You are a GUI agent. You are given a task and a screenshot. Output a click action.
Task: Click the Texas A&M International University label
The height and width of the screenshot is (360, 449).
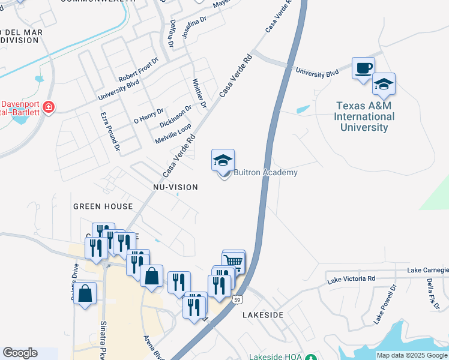(x=364, y=117)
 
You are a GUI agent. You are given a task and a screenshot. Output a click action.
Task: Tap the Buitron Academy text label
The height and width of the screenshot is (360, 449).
(x=265, y=173)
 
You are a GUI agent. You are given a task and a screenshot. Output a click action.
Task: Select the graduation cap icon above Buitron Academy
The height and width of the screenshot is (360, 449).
(x=223, y=160)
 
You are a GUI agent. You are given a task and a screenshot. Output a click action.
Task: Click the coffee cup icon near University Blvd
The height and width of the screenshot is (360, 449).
(x=363, y=68)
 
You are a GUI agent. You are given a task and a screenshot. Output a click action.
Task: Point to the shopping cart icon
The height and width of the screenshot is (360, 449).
(x=234, y=261)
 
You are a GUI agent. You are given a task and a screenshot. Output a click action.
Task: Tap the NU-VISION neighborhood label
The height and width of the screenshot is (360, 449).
(x=175, y=187)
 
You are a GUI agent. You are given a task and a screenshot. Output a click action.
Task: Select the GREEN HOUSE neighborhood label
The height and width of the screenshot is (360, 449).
(x=103, y=206)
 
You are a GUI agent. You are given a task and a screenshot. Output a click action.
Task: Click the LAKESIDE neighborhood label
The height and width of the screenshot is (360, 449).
(x=262, y=314)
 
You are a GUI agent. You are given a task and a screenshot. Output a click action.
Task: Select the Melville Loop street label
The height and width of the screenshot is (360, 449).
(x=173, y=133)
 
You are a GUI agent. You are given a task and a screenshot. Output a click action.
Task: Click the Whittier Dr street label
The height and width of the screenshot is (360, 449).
(x=199, y=94)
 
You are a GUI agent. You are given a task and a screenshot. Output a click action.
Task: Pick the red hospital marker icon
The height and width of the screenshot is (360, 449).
(x=47, y=109)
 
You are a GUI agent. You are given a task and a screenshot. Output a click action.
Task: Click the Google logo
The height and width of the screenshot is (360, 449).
(x=20, y=353)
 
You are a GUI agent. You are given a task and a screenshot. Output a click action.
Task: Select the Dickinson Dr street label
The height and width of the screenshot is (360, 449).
(x=175, y=116)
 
